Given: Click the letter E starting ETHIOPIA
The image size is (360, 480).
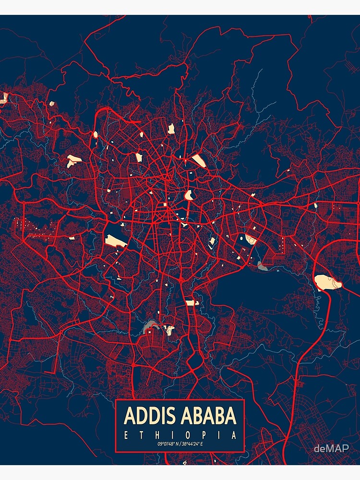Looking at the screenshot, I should pos(126,436).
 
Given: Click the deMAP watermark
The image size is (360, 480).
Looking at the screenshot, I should pos(331,449).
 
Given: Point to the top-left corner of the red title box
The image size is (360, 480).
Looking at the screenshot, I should pos(116,400).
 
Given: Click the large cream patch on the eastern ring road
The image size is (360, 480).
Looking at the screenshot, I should pos(328,282).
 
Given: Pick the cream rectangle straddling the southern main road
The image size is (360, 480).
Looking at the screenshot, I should pos(192,303).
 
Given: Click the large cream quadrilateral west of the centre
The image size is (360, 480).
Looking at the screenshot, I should pos(116,241).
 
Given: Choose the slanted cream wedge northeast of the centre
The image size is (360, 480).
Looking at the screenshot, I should pos(198,160).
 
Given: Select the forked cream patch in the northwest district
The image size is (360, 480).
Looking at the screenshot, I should pos(73,160).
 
